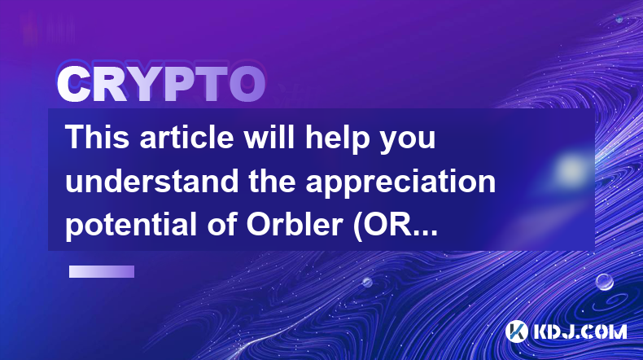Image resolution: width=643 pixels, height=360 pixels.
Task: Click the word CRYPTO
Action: point(161,84)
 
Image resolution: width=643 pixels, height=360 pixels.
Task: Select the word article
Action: point(186,137)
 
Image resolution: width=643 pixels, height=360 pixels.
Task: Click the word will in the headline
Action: point(269,137)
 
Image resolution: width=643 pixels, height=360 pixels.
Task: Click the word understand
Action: point(151,181)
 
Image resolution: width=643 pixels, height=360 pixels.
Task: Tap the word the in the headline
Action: point(272,181)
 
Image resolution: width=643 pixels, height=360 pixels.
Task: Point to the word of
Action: point(221,225)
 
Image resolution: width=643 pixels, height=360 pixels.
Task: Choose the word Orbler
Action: point(294,225)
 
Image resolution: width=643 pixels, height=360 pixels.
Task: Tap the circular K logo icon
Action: point(516,331)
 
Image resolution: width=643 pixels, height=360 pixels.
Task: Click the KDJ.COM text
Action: point(580,331)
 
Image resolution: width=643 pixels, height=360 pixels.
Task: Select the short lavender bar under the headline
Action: point(102,272)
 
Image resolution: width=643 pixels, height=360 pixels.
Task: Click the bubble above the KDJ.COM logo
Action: point(604,282)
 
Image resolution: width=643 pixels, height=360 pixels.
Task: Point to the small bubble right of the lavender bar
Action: point(367,282)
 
